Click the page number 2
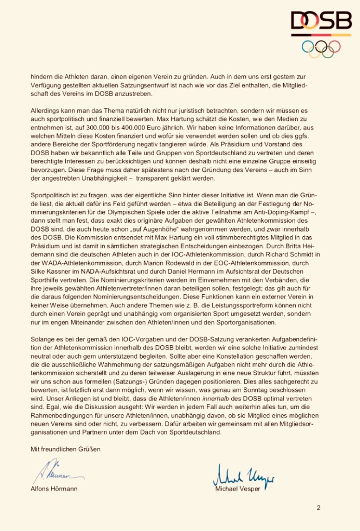tap(319, 507)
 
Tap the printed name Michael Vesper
tap(238, 488)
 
